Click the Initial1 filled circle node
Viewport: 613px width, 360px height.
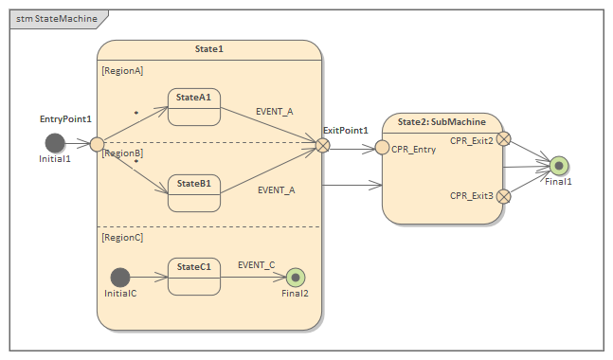[55, 143]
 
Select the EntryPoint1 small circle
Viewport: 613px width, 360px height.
[97, 144]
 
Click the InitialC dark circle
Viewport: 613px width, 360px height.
[119, 277]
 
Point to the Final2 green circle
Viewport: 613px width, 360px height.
[296, 277]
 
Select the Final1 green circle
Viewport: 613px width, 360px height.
[559, 166]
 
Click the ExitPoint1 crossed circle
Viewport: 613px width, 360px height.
[323, 145]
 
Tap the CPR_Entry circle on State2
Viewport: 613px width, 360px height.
[383, 147]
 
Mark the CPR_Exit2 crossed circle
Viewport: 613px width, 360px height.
[504, 139]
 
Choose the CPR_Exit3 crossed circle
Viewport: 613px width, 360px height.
[504, 196]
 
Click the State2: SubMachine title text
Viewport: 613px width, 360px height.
[442, 121]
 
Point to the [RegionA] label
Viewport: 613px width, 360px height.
[122, 70]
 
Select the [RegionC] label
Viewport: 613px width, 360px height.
[122, 237]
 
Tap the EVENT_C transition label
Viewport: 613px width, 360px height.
[256, 265]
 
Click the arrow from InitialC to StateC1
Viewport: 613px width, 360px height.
[148, 277]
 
